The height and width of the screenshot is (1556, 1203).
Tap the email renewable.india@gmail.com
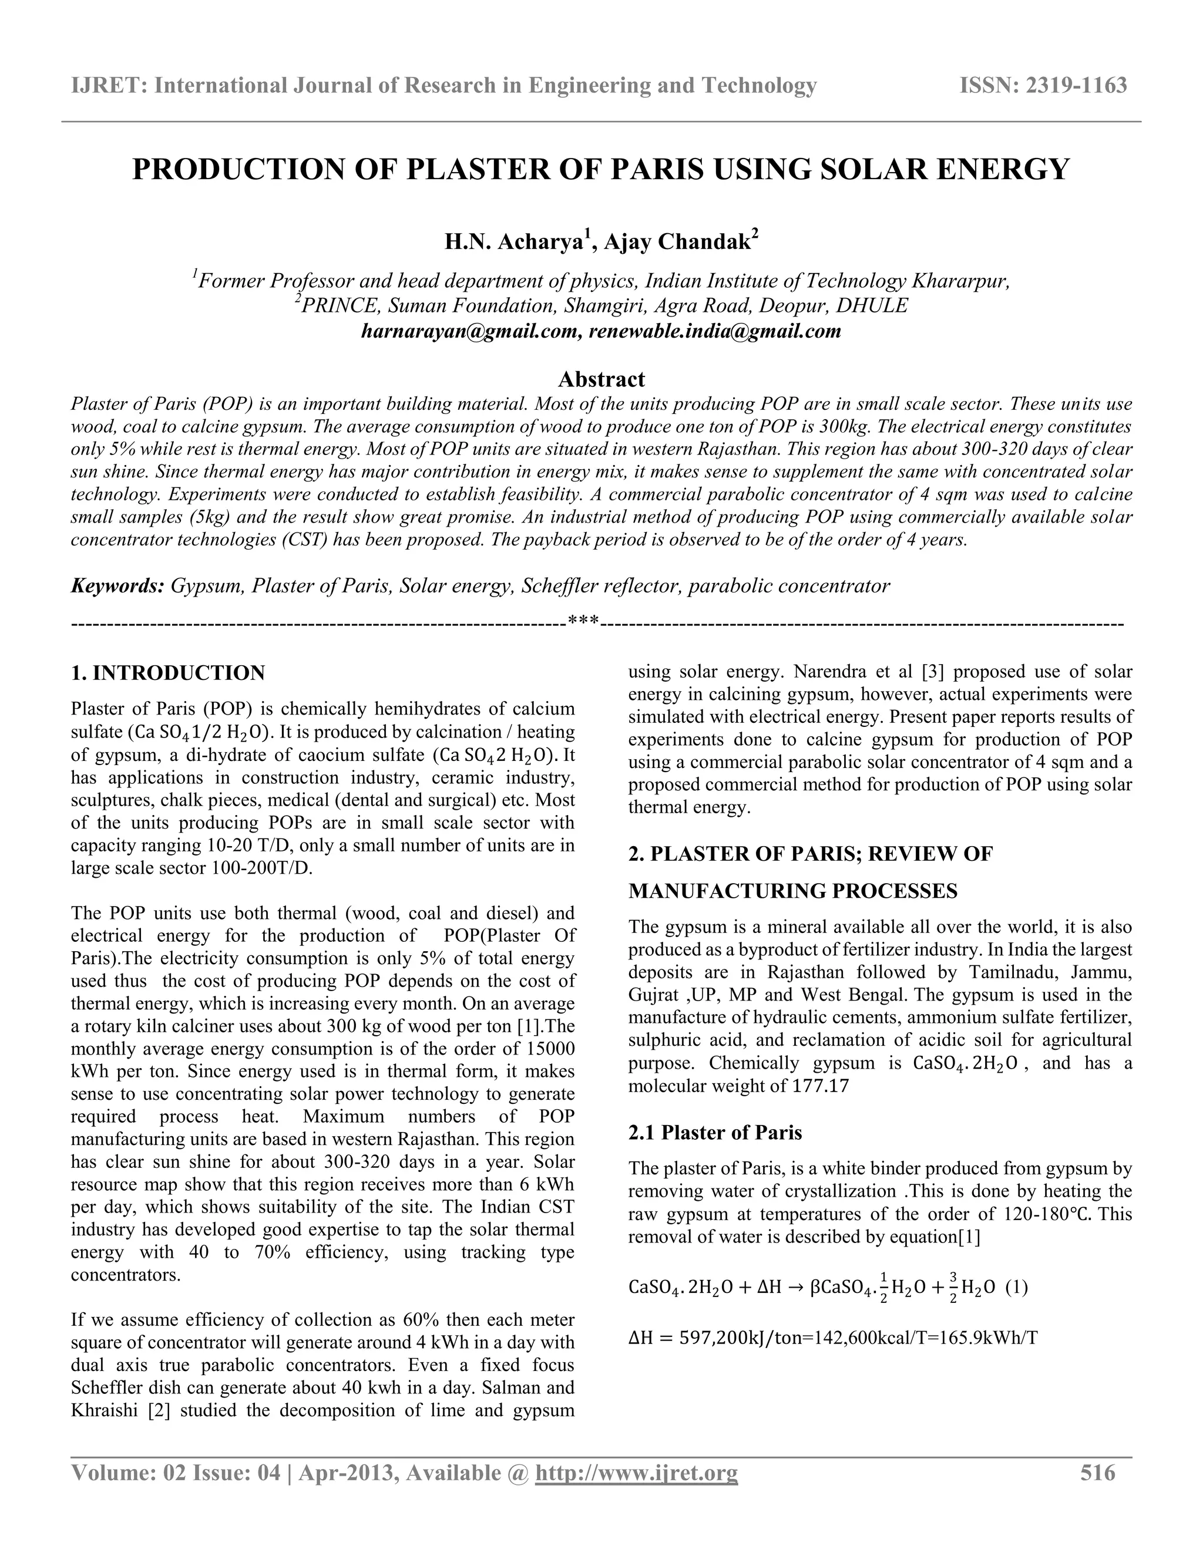pyautogui.click(x=715, y=331)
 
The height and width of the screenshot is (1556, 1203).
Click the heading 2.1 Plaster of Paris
pyautogui.click(x=715, y=1132)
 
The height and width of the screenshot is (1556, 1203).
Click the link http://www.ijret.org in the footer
pyautogui.click(x=636, y=1473)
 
